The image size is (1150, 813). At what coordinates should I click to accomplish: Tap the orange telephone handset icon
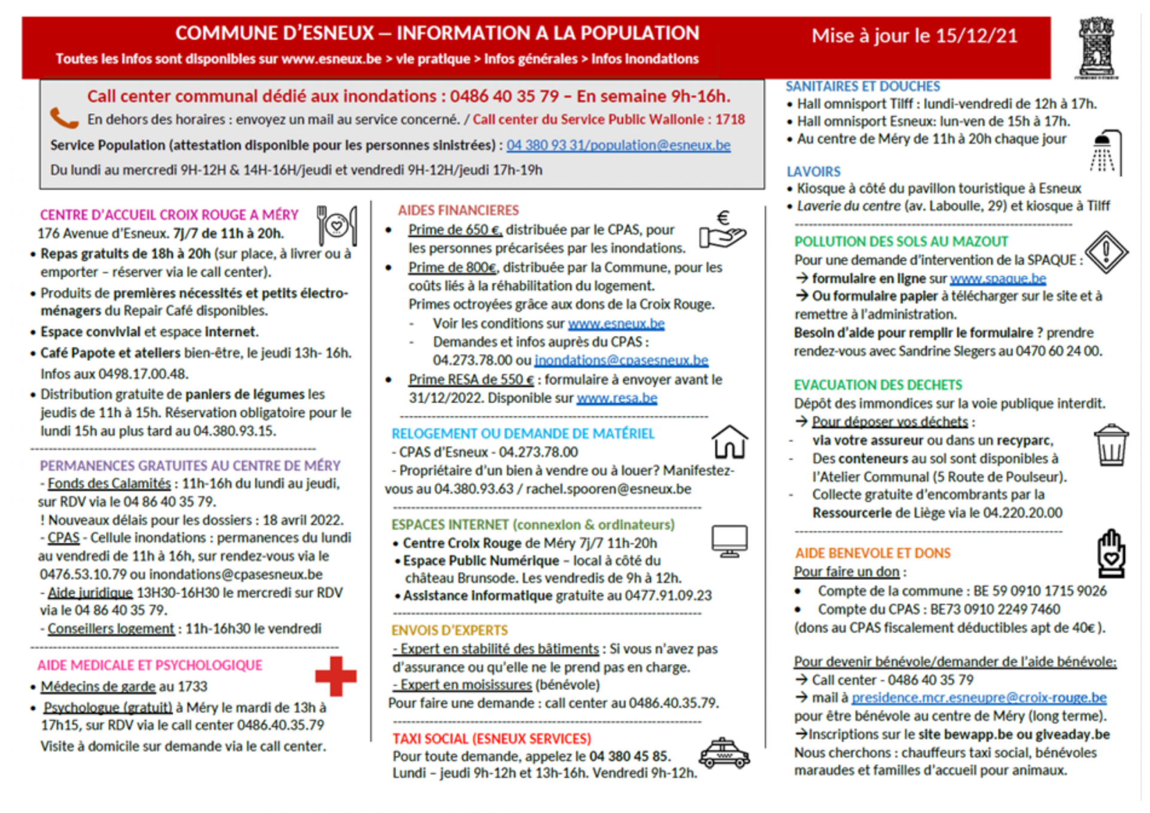[64, 118]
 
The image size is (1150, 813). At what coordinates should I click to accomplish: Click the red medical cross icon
[335, 676]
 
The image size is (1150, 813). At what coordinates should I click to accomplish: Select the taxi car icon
[724, 754]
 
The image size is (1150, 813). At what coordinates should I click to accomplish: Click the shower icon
[1106, 152]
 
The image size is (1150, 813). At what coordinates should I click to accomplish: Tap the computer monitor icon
[729, 541]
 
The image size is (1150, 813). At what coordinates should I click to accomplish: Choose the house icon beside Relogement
[730, 442]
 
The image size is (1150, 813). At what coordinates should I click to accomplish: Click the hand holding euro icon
[723, 230]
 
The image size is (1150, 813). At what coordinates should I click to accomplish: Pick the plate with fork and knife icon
[337, 225]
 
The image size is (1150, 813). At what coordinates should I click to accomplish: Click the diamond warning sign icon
[1106, 252]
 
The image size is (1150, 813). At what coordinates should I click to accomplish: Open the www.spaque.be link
[998, 278]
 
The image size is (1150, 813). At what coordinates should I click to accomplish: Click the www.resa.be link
[616, 398]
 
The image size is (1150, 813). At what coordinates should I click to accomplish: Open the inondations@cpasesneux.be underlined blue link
[621, 360]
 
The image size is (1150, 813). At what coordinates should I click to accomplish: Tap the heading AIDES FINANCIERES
[458, 210]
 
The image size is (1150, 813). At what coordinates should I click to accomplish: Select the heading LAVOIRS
[813, 172]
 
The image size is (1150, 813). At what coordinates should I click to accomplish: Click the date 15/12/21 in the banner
[976, 36]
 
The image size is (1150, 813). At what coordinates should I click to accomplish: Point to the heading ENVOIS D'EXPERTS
[449, 630]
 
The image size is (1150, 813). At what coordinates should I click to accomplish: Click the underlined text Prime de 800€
[452, 267]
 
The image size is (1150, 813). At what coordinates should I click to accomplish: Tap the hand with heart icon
[1111, 554]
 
